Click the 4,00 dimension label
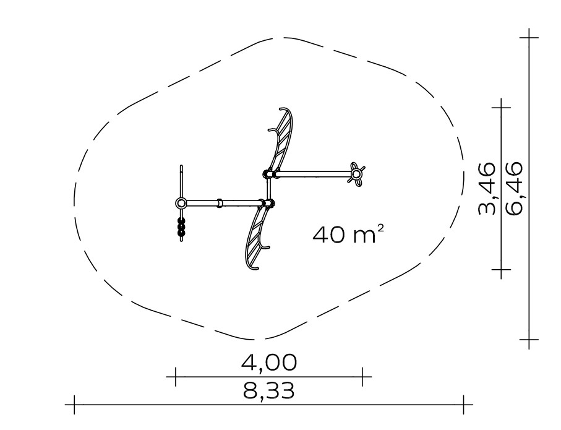click(269, 362)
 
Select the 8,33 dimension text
click(269, 390)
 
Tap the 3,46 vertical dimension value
click(487, 188)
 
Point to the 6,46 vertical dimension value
click(515, 188)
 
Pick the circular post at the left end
click(181, 204)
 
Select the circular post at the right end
click(356, 174)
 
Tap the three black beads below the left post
click(181, 226)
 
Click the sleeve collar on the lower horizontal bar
click(220, 204)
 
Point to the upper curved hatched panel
click(283, 138)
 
